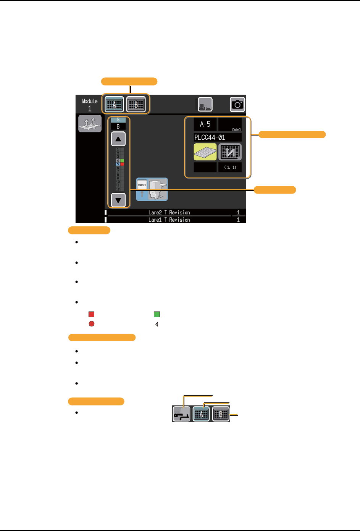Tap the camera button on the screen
(237, 104)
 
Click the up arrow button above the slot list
(118, 139)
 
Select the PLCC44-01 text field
(217, 137)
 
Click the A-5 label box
(205, 124)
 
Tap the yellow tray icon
(205, 152)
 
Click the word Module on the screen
(90, 101)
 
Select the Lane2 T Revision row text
(169, 213)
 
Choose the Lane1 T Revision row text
(169, 220)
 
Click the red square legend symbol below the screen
(92, 315)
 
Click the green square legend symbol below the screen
(157, 315)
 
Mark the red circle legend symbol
(92, 324)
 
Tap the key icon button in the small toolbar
(181, 414)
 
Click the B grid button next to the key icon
(221, 414)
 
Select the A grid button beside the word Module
(114, 104)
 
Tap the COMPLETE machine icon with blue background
(152, 189)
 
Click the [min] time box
(230, 124)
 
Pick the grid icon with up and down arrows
(230, 152)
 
